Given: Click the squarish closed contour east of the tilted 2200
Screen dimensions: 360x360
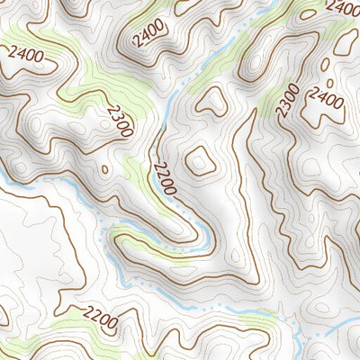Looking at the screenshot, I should click(x=199, y=162).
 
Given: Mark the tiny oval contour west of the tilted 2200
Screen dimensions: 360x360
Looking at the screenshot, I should click(x=105, y=167).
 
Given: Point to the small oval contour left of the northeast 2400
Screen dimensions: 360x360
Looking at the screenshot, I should click(x=308, y=14).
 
